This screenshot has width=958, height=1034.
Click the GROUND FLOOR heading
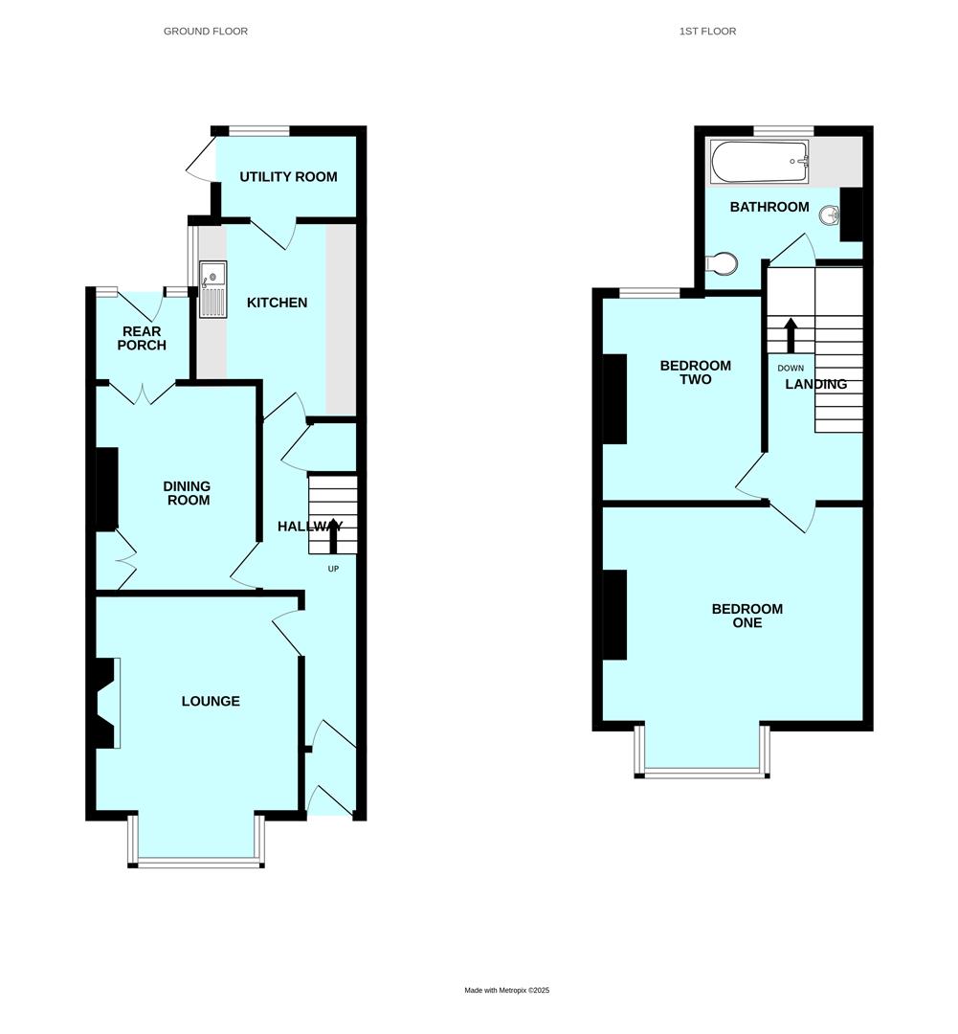(x=206, y=31)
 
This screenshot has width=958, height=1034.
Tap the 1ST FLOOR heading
(x=707, y=31)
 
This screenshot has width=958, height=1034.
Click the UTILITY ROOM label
(x=288, y=177)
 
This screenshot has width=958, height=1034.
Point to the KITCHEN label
(x=277, y=303)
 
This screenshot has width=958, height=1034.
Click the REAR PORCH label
(x=142, y=338)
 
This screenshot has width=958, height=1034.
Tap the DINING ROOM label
(x=188, y=493)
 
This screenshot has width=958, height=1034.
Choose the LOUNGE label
(x=211, y=701)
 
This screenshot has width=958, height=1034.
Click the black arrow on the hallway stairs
(x=334, y=535)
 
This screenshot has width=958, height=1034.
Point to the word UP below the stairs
(x=334, y=569)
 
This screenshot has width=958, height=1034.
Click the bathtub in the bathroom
(x=760, y=162)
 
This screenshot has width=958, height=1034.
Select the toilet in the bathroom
(x=722, y=264)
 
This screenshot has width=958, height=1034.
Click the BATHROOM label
(x=769, y=207)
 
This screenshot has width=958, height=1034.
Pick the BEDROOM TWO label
(x=696, y=372)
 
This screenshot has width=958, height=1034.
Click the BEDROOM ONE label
(x=747, y=616)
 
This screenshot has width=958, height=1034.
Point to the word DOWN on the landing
(x=791, y=368)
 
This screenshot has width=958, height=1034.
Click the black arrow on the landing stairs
(x=790, y=336)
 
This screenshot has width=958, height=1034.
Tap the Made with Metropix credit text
(x=507, y=990)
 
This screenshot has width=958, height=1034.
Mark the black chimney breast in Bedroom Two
(x=615, y=399)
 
